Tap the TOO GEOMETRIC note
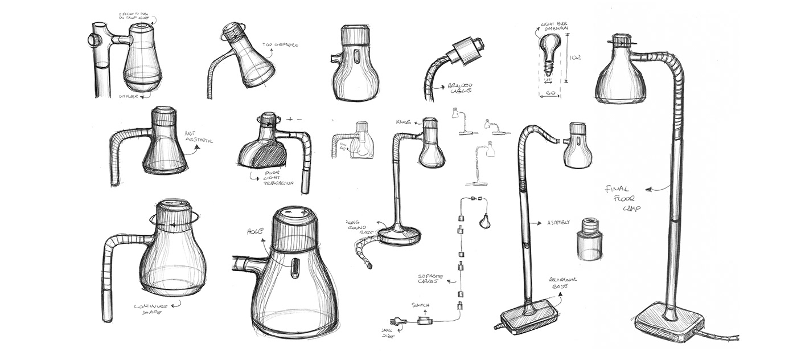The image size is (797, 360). click(x=280, y=44)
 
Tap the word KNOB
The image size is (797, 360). click(x=404, y=122)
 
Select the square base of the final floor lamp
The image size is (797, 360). click(x=666, y=325)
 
